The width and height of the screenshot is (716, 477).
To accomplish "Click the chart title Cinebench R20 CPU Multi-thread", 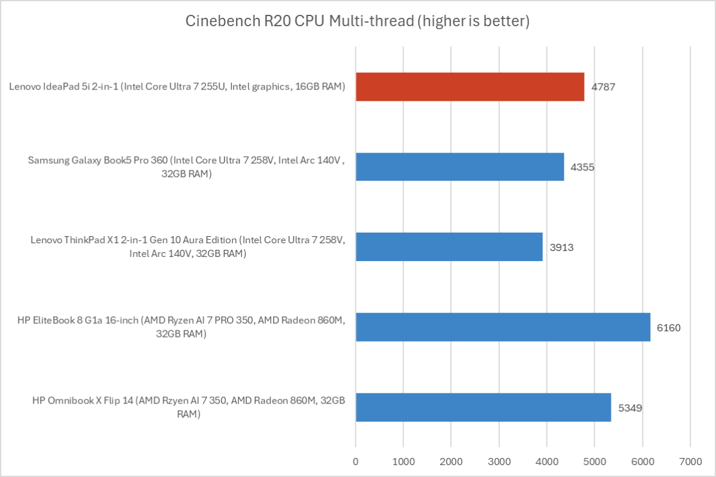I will pos(357,22).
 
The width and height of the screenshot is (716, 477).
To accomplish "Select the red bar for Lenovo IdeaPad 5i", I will pos(470,86).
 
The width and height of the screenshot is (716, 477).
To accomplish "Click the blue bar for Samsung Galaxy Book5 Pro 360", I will pos(460,166).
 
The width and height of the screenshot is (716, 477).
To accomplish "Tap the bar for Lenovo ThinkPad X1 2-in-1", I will pos(449,246).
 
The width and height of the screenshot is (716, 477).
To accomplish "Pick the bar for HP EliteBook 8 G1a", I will pos(503,327).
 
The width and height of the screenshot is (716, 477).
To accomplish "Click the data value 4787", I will pos(603,87).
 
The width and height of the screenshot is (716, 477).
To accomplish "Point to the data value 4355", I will pos(582,167).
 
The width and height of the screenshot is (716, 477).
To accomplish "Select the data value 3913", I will pos(561,247).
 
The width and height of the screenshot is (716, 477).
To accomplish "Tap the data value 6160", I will pos(668,327).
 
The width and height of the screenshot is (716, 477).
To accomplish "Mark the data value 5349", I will pos(629,407).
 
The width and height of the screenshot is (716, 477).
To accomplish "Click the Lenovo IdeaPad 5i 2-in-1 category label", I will pos(177,87).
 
